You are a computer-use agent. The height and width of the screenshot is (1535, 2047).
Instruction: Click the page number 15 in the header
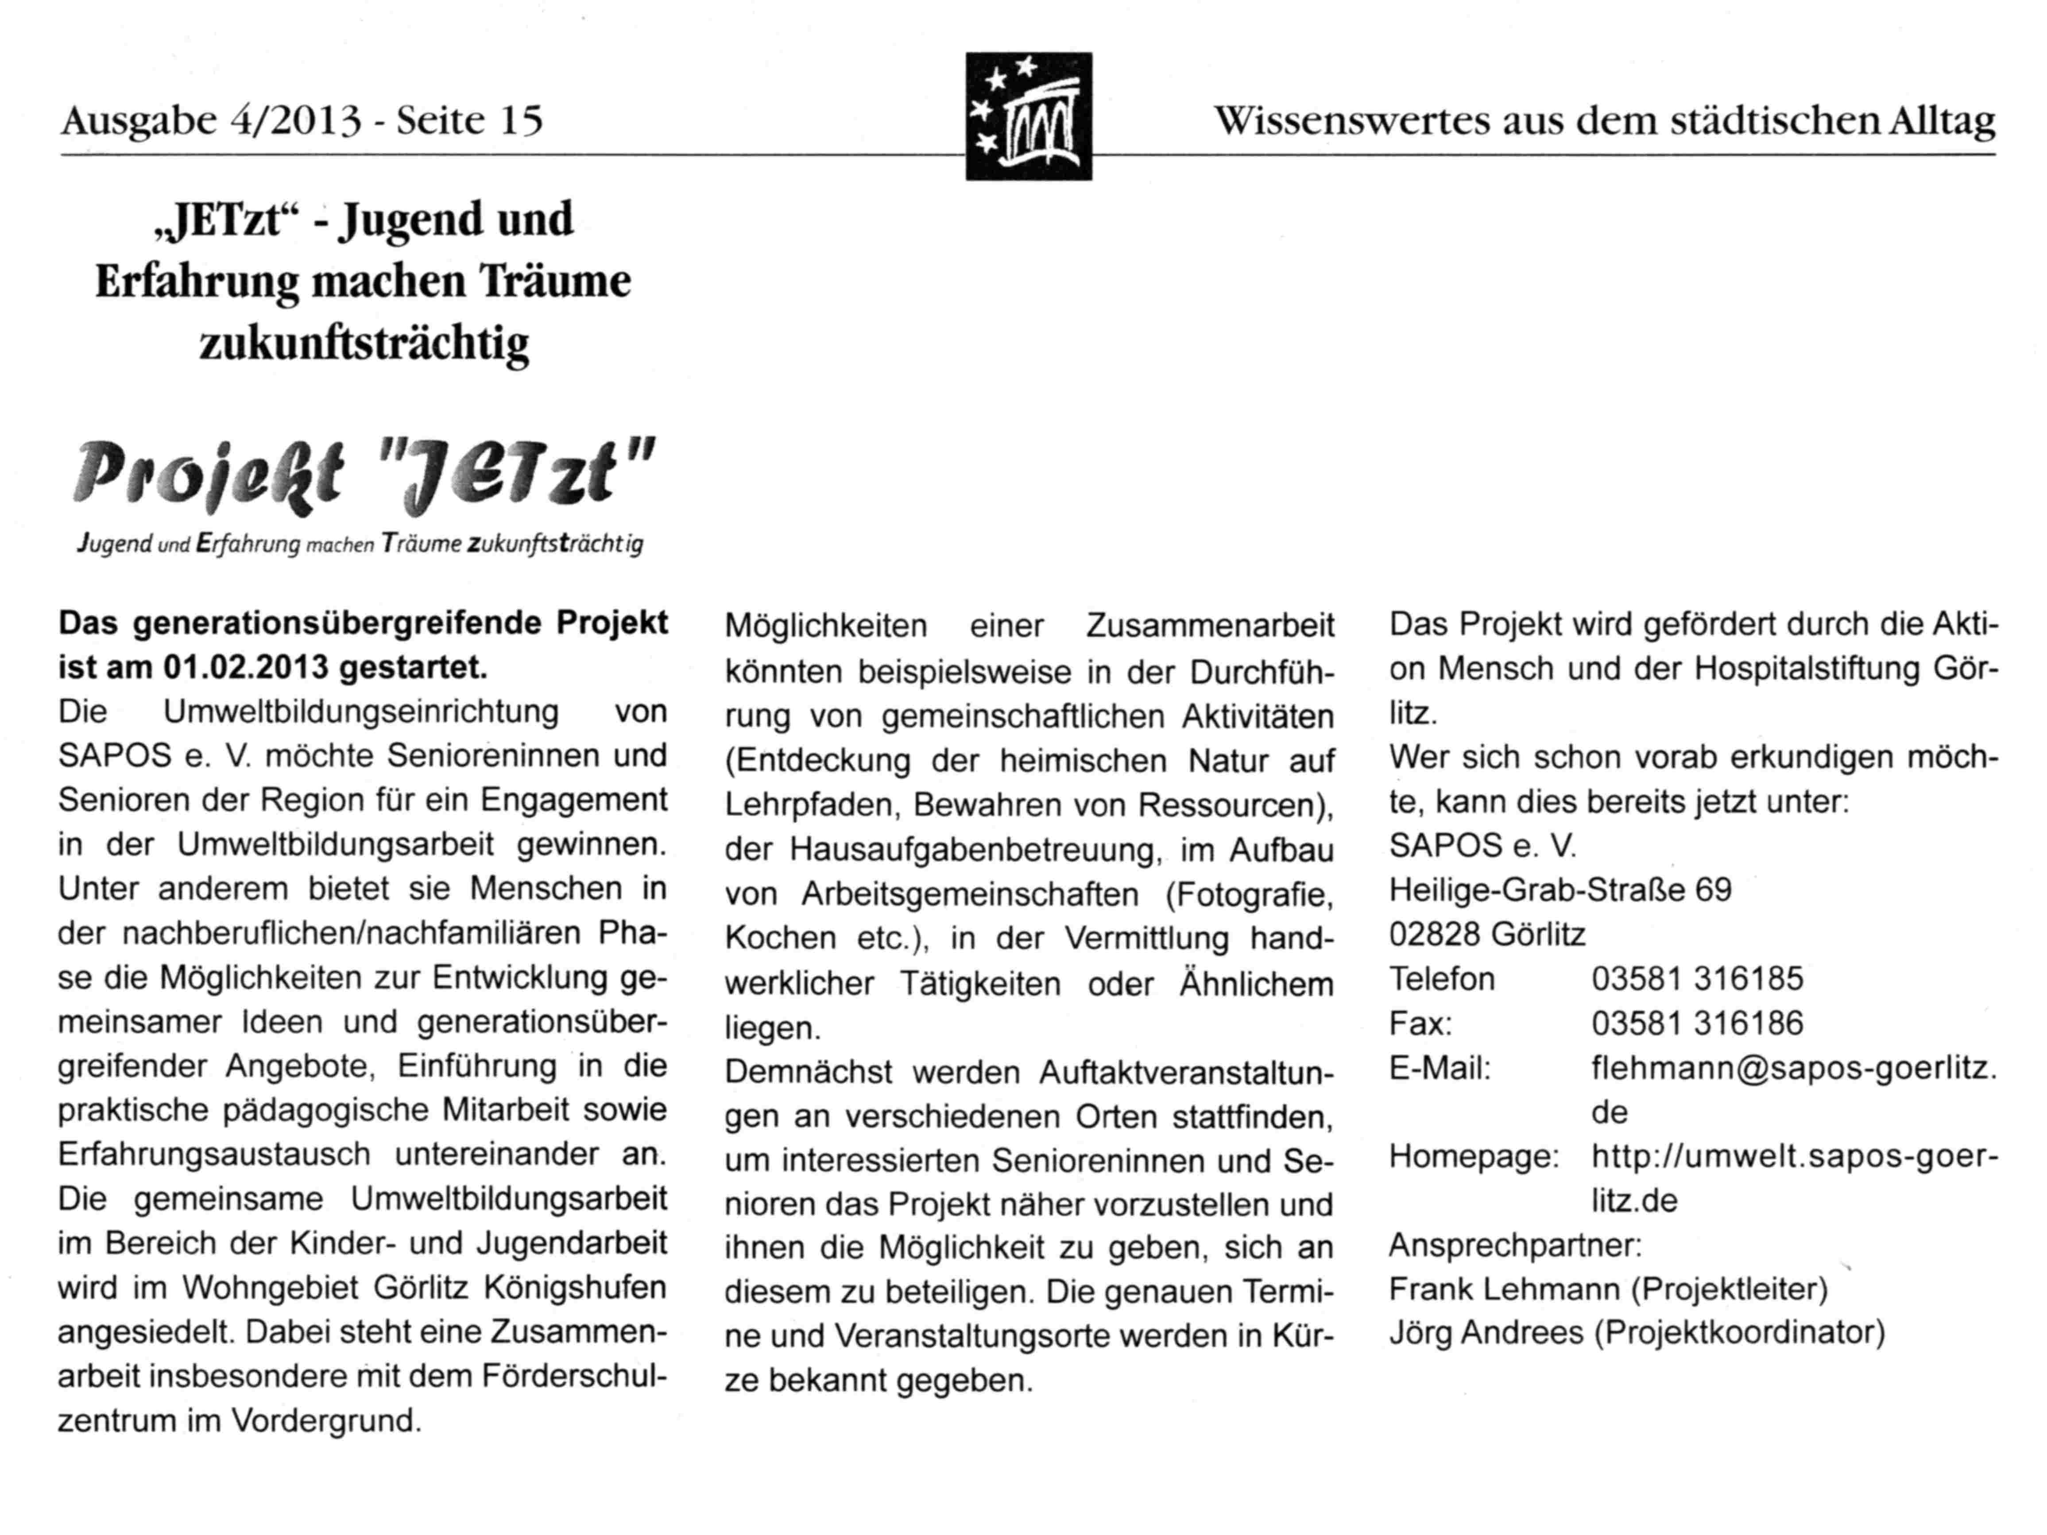(x=521, y=120)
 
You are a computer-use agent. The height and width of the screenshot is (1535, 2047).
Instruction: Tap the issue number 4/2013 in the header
(x=294, y=120)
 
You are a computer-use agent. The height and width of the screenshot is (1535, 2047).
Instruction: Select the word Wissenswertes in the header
(x=1351, y=120)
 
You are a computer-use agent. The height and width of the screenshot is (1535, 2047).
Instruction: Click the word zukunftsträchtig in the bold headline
(x=364, y=342)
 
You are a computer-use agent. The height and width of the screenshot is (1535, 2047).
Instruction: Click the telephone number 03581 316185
(x=1697, y=978)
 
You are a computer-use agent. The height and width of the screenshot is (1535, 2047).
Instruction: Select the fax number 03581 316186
(x=1697, y=1022)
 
